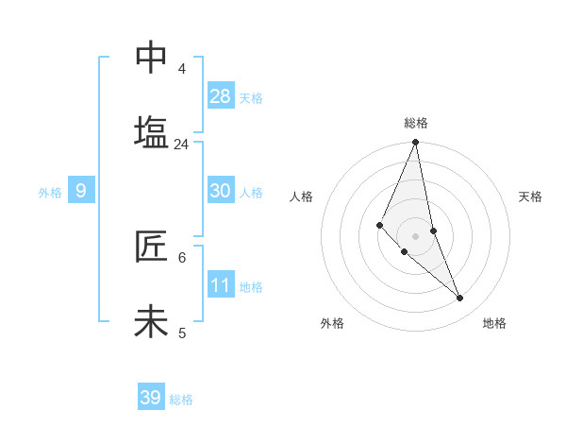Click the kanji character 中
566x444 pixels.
coord(151,58)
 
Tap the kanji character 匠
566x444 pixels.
coord(151,247)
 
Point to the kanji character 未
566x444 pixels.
coord(151,322)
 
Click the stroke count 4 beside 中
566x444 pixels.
coord(181,69)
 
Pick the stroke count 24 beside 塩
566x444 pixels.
coord(181,145)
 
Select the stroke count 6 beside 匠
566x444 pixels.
coord(181,257)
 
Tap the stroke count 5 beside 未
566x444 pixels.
coord(181,333)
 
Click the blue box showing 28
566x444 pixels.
coord(221,96)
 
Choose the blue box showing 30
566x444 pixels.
coord(221,191)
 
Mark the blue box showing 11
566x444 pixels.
coord(221,284)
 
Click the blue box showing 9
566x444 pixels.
coord(81,191)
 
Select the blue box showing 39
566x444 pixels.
coord(151,398)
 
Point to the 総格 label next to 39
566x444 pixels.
coord(181,400)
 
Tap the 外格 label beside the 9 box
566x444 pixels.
coord(50,193)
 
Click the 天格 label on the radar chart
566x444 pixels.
coord(530,196)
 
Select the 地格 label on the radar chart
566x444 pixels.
coord(494,323)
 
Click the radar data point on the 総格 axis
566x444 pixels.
coord(415,143)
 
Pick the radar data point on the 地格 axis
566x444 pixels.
coord(460,299)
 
